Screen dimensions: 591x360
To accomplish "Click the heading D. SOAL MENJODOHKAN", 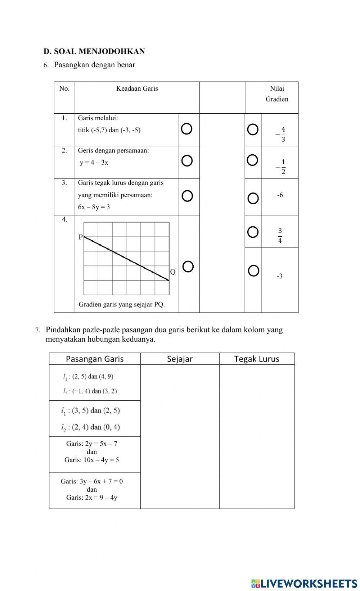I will [94, 51].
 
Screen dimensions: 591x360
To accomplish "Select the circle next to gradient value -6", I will [253, 198].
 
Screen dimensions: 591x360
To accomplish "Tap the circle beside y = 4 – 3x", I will [187, 161].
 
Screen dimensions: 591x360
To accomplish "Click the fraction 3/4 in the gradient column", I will [280, 236].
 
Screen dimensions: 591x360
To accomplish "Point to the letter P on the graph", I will [81, 237].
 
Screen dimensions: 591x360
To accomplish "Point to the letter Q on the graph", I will [173, 272].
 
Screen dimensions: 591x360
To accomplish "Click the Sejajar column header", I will [180, 359].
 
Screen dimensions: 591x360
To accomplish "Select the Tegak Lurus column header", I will [257, 359].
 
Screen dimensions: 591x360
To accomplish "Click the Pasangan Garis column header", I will [95, 359].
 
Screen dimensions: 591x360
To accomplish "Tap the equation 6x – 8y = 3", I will [94, 207].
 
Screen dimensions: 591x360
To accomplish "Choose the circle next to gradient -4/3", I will [253, 129].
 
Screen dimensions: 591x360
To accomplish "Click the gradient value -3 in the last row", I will [279, 276].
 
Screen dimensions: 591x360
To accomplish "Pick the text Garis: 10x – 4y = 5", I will [92, 460].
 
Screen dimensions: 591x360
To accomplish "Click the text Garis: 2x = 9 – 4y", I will [92, 497].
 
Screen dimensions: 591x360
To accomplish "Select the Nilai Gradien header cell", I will [276, 94].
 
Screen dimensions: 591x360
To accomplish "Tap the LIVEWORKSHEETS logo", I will [304, 583].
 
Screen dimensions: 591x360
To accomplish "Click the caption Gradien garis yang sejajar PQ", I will [122, 304].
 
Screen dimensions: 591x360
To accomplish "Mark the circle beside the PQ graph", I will [188, 267].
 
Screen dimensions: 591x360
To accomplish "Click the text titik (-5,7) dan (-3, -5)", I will [109, 130].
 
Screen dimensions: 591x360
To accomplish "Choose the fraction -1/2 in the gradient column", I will [280, 167].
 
